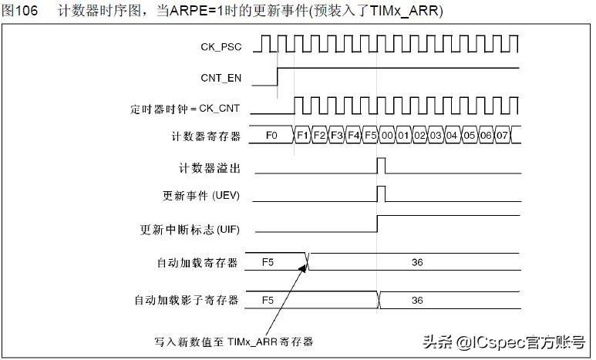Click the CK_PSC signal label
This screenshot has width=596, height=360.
pyautogui.click(x=221, y=47)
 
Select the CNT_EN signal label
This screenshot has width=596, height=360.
pyautogui.click(x=221, y=78)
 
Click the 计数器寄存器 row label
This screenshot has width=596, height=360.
pyautogui.click(x=206, y=136)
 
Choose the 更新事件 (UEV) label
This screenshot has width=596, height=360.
pyautogui.click(x=206, y=196)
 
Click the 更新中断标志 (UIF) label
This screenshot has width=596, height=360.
pyautogui.click(x=191, y=230)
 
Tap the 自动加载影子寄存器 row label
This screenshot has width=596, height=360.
pyautogui.click(x=187, y=299)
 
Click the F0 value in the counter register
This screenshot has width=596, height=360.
pyautogui.click(x=271, y=136)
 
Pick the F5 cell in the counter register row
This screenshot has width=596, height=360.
pyautogui.click(x=370, y=136)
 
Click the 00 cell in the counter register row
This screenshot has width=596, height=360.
pyautogui.click(x=386, y=136)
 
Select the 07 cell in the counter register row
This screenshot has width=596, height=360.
pyautogui.click(x=503, y=136)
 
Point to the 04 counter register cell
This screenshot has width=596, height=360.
pyautogui.click(x=453, y=136)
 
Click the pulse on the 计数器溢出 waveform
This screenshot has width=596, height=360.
pyautogui.click(x=381, y=165)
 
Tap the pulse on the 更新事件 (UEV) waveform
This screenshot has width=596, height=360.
pyautogui.click(x=381, y=193)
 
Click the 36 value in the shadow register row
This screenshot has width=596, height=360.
pyautogui.click(x=417, y=299)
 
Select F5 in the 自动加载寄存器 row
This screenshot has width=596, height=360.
pyautogui.click(x=268, y=263)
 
